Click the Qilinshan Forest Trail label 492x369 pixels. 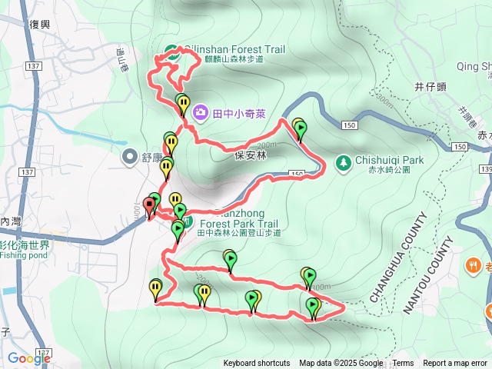pyautogui.click(x=234, y=50)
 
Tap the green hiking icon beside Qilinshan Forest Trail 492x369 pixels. pyautogui.click(x=171, y=53)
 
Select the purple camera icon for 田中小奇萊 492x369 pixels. pyautogui.click(x=200, y=113)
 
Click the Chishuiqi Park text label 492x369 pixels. pyautogui.click(x=389, y=161)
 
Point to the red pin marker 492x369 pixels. pyautogui.click(x=148, y=208)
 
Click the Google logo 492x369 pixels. pyautogui.click(x=28, y=358)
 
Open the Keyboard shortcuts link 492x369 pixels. pyautogui.click(x=257, y=364)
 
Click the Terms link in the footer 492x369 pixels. pyautogui.click(x=403, y=364)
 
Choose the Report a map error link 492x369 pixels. pyautogui.click(x=455, y=364)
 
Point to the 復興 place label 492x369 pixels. pyautogui.click(x=40, y=25)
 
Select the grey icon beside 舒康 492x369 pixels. pyautogui.click(x=129, y=157)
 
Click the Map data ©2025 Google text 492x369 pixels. pyautogui.click(x=341, y=364)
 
